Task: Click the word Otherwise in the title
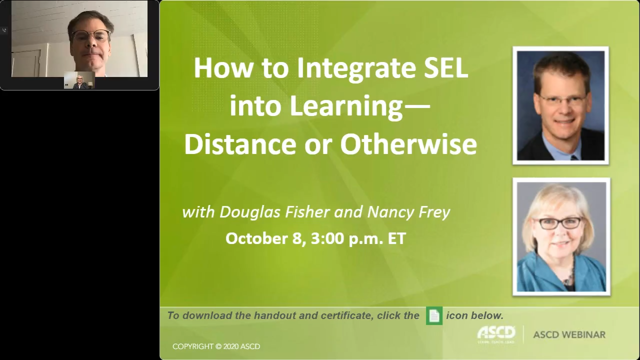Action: tap(408, 144)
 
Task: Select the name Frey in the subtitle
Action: tap(436, 212)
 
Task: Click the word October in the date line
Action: tap(256, 238)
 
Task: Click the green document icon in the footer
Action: tap(434, 316)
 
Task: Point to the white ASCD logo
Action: tap(496, 333)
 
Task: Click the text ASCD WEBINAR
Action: tap(569, 334)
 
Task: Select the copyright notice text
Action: tap(216, 346)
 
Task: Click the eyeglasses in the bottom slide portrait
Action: tap(559, 223)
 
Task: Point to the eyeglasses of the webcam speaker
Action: tap(91, 36)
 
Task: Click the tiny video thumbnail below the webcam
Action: tap(79, 80)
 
